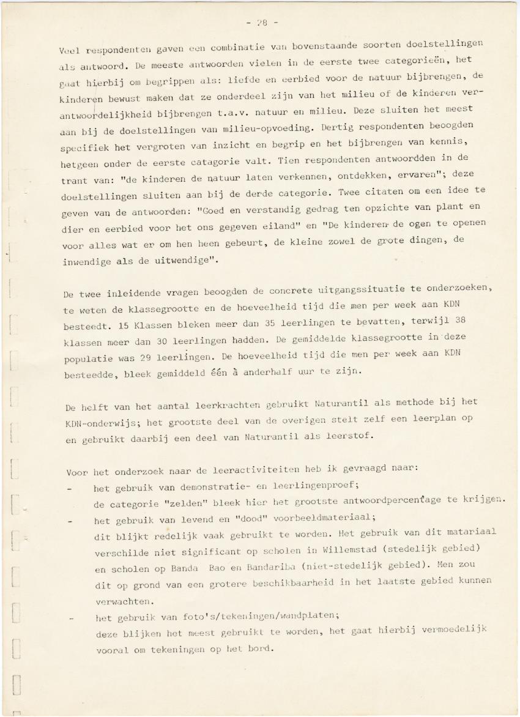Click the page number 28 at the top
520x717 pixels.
tap(262, 23)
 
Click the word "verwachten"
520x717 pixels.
tap(125, 601)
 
